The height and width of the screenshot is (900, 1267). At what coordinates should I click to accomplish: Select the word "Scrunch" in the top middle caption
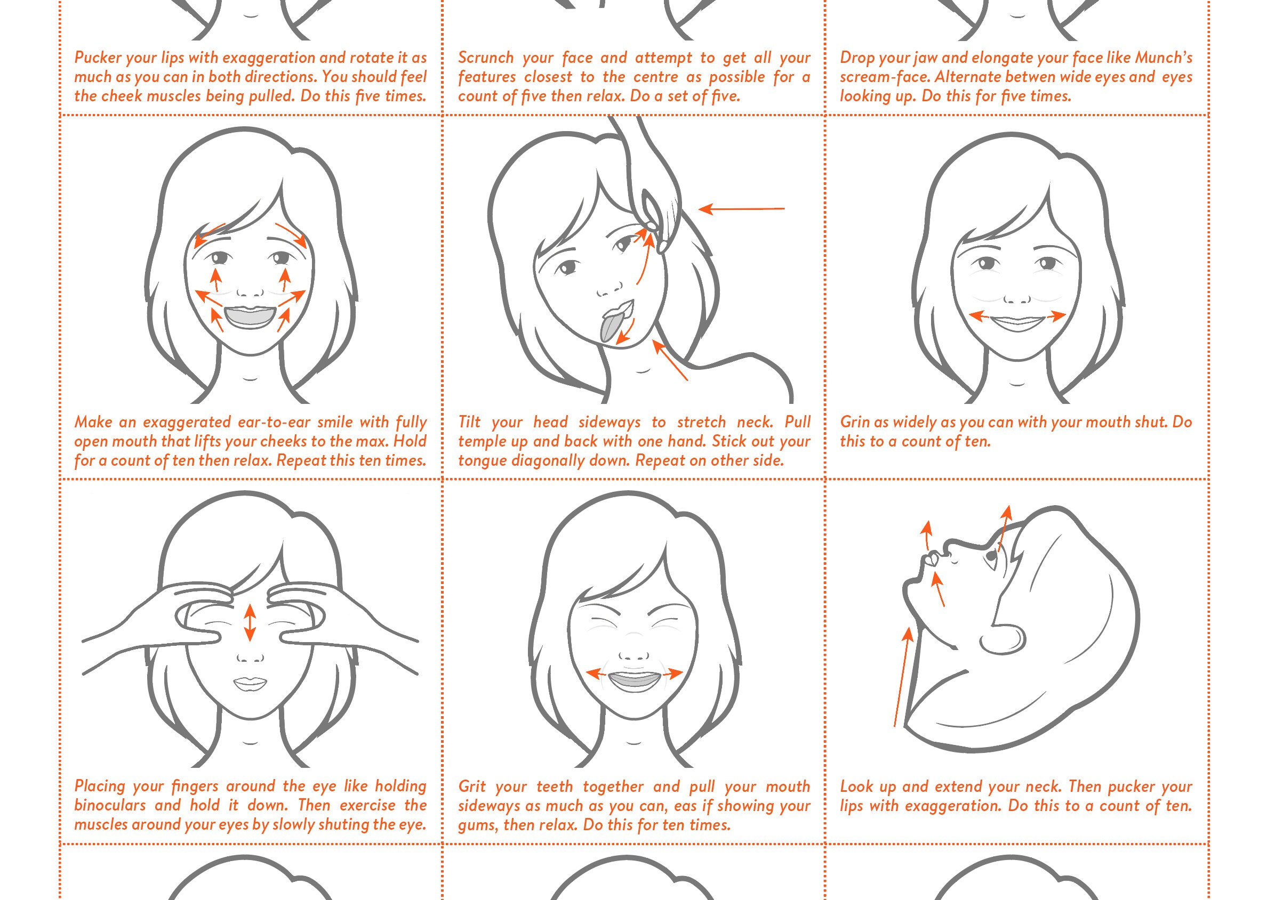point(485,58)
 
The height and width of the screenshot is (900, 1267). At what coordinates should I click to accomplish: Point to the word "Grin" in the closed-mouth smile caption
point(854,422)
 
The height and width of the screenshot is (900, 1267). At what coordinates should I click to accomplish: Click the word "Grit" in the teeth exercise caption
point(472,787)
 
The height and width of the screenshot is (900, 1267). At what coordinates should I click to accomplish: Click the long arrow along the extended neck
point(902,676)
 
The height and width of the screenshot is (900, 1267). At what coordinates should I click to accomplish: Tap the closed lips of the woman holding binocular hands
point(249,684)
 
